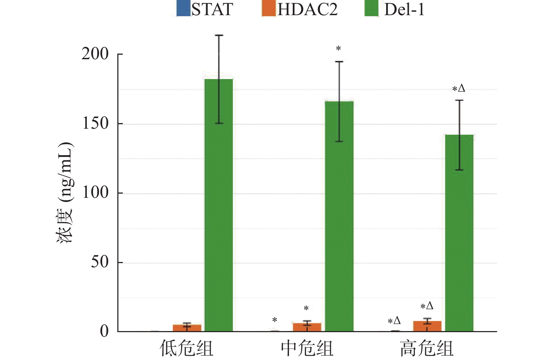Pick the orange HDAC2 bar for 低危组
pyautogui.click(x=187, y=328)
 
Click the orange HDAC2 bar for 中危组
pyautogui.click(x=307, y=327)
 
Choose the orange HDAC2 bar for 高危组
pyautogui.click(x=427, y=326)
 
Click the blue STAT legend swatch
pyautogui.click(x=183, y=9)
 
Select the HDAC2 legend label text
pyautogui.click(x=307, y=9)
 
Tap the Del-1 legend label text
pyautogui.click(x=404, y=9)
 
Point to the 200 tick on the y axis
pyautogui.click(x=95, y=54)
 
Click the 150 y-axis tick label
pyautogui.click(x=95, y=123)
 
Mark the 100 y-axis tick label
pyautogui.click(x=95, y=193)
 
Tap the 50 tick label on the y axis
pyautogui.click(x=100, y=262)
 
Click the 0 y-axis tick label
pyautogui.click(x=104, y=331)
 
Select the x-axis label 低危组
pyautogui.click(x=186, y=348)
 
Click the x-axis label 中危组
pyautogui.click(x=307, y=348)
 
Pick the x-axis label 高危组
pyautogui.click(x=427, y=348)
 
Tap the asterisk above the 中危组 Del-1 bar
pyautogui.click(x=338, y=48)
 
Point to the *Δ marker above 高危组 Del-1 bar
pyautogui.click(x=459, y=89)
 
